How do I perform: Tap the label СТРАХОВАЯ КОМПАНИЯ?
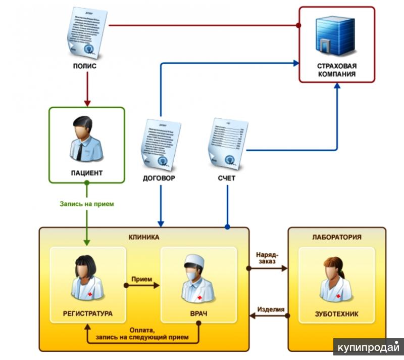[336, 70]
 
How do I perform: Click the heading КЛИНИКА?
[144, 237]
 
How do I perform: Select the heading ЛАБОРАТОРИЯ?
[337, 237]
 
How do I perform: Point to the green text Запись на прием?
[87, 204]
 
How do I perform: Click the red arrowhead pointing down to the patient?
[87, 103]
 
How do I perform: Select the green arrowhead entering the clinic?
[87, 242]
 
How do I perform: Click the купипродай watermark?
[368, 348]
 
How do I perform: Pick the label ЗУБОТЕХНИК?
[336, 314]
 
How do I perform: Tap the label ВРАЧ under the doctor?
[198, 314]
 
